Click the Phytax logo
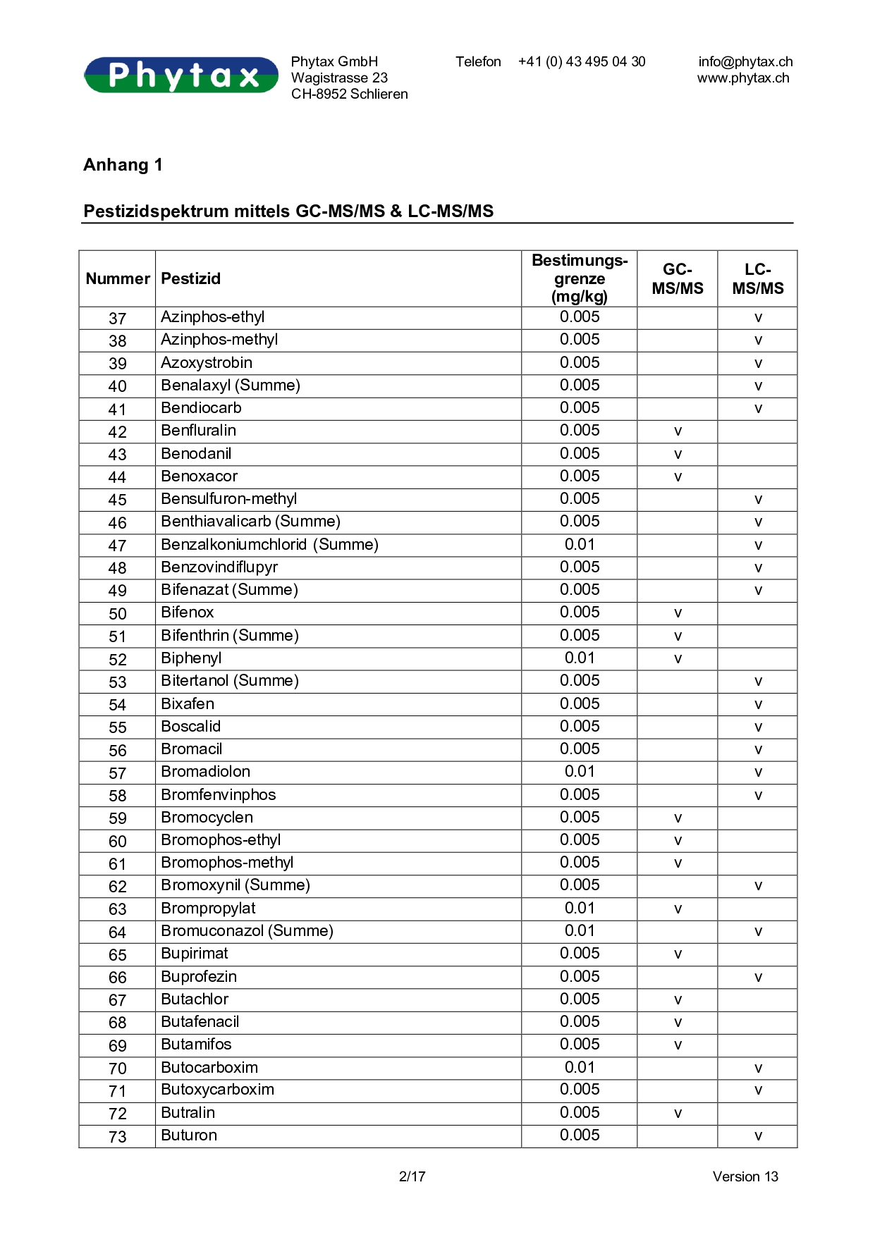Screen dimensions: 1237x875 pyautogui.click(x=181, y=75)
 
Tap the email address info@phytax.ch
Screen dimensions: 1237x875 pyautogui.click(x=745, y=62)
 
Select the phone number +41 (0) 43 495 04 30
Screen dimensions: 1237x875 pyautogui.click(x=582, y=62)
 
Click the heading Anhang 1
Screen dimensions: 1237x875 pyautogui.click(x=123, y=165)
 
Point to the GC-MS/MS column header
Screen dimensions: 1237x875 pyautogui.click(x=677, y=279)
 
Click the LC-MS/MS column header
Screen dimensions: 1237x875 pyautogui.click(x=757, y=279)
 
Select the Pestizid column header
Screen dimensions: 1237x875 pyautogui.click(x=191, y=279)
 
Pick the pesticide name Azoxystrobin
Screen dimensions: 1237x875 pyautogui.click(x=207, y=363)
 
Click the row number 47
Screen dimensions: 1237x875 pyautogui.click(x=118, y=546)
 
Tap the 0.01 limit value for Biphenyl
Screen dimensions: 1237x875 pyautogui.click(x=580, y=658)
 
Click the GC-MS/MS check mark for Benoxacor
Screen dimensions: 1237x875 pyautogui.click(x=678, y=477)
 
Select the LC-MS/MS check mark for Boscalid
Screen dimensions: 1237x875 pyautogui.click(x=758, y=727)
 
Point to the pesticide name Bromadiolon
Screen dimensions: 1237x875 pyautogui.click(x=206, y=772)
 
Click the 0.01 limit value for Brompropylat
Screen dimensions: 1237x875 pyautogui.click(x=580, y=909)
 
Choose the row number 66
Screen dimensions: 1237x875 pyautogui.click(x=118, y=978)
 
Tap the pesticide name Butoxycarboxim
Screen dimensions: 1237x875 pyautogui.click(x=218, y=1090)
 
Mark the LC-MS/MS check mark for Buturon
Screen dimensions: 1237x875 pyautogui.click(x=758, y=1136)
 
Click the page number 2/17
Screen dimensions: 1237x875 pyautogui.click(x=412, y=1176)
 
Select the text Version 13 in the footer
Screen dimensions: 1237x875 pyautogui.click(x=745, y=1176)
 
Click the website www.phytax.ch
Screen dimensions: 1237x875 pyautogui.click(x=743, y=78)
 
